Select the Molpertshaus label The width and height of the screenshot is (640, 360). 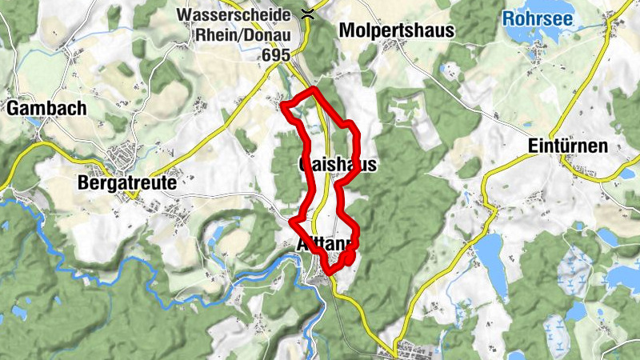click(396, 31)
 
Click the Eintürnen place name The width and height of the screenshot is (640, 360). click(568, 146)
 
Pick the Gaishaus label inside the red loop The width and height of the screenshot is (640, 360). click(336, 164)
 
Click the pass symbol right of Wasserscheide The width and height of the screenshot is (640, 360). click(307, 12)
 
